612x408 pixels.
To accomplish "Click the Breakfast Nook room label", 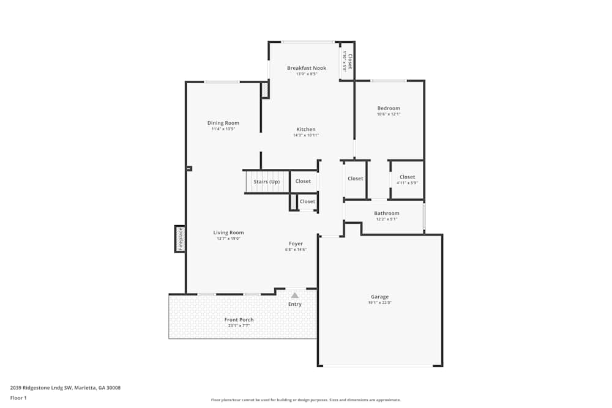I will click(x=307, y=68).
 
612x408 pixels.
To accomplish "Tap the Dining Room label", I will click(x=223, y=123).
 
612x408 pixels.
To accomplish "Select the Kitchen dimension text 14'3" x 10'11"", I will click(x=306, y=135).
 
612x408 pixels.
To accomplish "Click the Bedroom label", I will click(x=389, y=108).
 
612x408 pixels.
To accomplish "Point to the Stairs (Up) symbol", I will click(x=266, y=182).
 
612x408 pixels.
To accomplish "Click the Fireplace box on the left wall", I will click(x=180, y=239).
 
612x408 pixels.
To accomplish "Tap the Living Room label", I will click(x=228, y=232).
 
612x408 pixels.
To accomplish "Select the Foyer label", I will click(x=296, y=243).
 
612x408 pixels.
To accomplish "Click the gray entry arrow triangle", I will click(x=294, y=295).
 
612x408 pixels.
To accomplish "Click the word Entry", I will click(x=295, y=304).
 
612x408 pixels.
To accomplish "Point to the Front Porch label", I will click(x=239, y=319).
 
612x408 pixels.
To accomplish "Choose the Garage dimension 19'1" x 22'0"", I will click(x=379, y=303).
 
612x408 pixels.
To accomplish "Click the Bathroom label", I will click(x=387, y=213).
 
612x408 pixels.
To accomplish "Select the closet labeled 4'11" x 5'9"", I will click(x=407, y=179).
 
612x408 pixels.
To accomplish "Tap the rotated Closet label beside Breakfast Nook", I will click(x=348, y=61).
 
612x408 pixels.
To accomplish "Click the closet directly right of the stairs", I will click(x=303, y=181).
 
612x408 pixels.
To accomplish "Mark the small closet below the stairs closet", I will click(x=307, y=201).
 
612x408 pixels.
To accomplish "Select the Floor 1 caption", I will click(x=18, y=398).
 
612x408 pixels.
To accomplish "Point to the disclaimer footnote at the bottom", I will click(x=306, y=399).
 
